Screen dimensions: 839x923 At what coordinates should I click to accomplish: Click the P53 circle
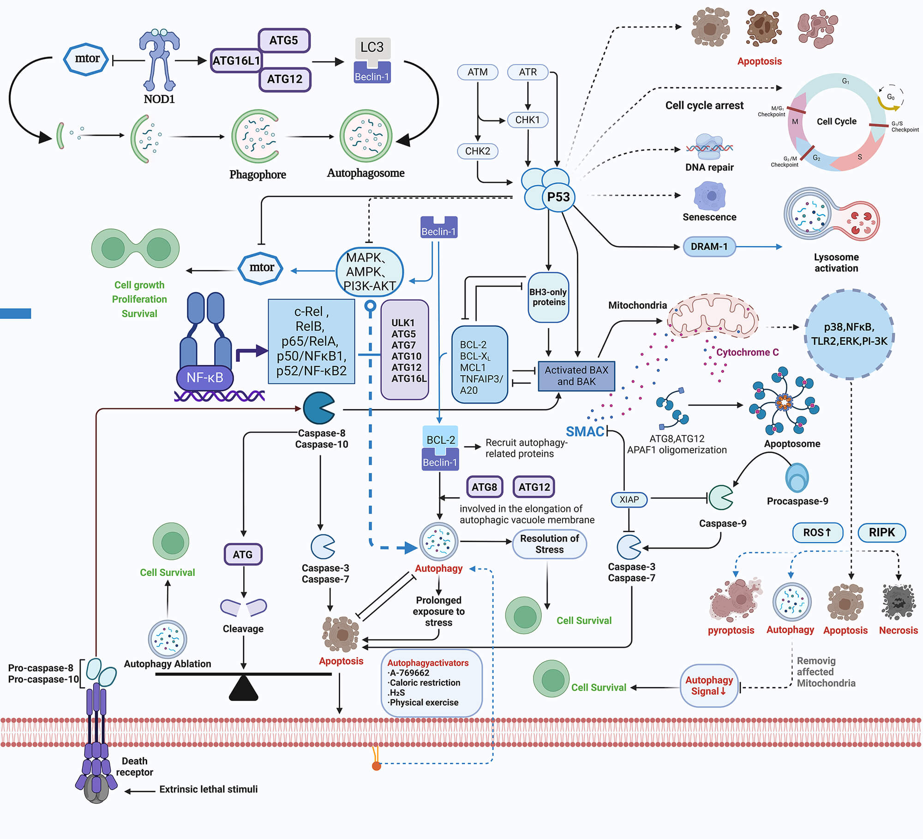pyautogui.click(x=558, y=198)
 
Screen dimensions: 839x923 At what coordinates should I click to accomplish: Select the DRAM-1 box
pyautogui.click(x=709, y=247)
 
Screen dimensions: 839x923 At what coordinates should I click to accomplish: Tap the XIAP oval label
pyautogui.click(x=629, y=499)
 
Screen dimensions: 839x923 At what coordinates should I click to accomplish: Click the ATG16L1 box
pyautogui.click(x=236, y=60)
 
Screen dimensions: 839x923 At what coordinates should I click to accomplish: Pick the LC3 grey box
pyautogui.click(x=372, y=48)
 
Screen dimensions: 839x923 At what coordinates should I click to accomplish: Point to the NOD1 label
pyautogui.click(x=159, y=99)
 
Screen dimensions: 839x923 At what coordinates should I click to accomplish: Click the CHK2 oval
pyautogui.click(x=477, y=151)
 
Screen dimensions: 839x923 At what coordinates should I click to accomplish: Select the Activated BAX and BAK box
pyautogui.click(x=576, y=376)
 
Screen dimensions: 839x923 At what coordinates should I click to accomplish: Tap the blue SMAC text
pyautogui.click(x=585, y=431)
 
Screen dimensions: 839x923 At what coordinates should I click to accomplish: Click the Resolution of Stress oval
pyautogui.click(x=549, y=544)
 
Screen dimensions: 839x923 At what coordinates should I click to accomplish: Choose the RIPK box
pyautogui.click(x=881, y=533)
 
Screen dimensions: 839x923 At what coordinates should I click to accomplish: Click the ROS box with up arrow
pyautogui.click(x=817, y=533)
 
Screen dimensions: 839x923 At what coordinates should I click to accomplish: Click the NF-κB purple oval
pyautogui.click(x=204, y=378)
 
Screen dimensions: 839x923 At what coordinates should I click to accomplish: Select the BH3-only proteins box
pyautogui.click(x=548, y=297)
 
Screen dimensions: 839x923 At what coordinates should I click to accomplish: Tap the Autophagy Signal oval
pyautogui.click(x=709, y=686)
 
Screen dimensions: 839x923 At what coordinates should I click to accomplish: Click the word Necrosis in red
pyautogui.click(x=898, y=630)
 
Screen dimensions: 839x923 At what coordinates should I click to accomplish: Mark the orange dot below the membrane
pyautogui.click(x=376, y=767)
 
